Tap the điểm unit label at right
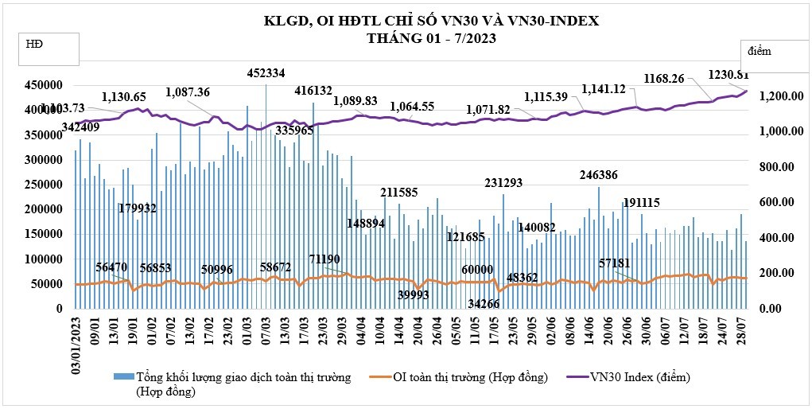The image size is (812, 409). pos(763,50)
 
